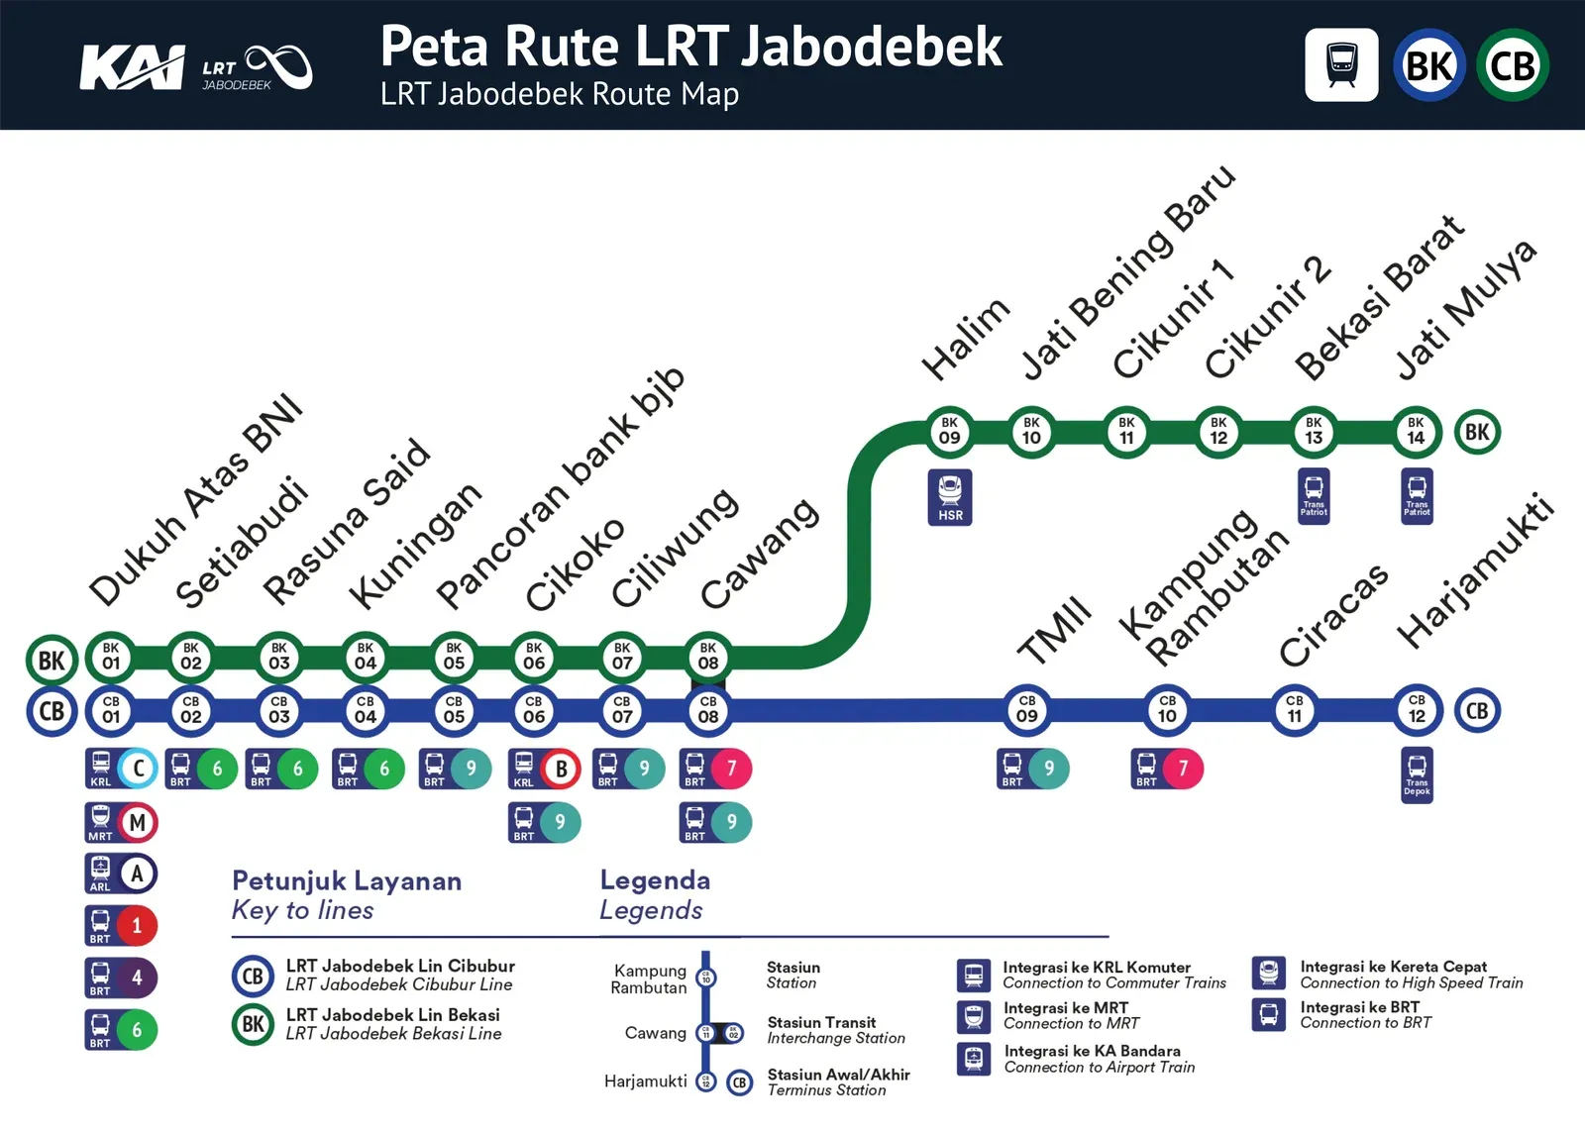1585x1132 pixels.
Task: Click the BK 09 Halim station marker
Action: pyautogui.click(x=949, y=431)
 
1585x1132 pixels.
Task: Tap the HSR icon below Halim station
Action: pyautogui.click(x=950, y=496)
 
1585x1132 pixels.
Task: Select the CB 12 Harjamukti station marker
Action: pyautogui.click(x=1417, y=709)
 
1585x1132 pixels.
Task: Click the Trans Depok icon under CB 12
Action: pyautogui.click(x=1417, y=774)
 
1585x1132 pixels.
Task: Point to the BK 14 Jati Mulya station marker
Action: pyautogui.click(x=1416, y=431)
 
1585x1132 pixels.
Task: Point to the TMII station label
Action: pyautogui.click(x=1055, y=631)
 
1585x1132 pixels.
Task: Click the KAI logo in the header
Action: pyautogui.click(x=132, y=67)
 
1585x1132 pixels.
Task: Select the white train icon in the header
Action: pyautogui.click(x=1341, y=65)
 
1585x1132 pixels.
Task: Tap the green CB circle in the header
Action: pyautogui.click(x=1512, y=65)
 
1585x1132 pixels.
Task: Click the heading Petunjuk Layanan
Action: pyautogui.click(x=347, y=880)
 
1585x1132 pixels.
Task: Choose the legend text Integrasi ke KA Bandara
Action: pyautogui.click(x=1092, y=1051)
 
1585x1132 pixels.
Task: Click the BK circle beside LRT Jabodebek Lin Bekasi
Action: pyautogui.click(x=253, y=1024)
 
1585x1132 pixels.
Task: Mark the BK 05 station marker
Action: pyautogui.click(x=454, y=657)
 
